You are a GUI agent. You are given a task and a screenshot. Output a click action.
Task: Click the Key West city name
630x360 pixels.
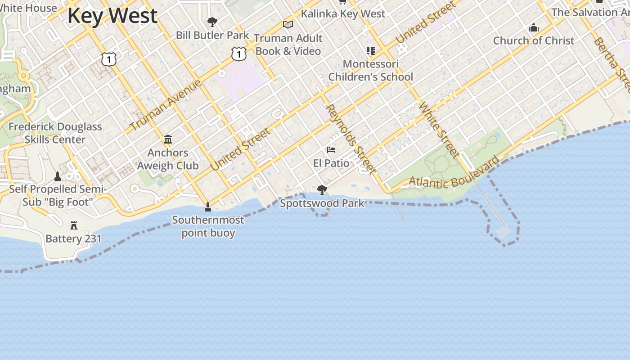click(112, 16)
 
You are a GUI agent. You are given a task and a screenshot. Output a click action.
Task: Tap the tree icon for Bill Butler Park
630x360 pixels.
click(212, 22)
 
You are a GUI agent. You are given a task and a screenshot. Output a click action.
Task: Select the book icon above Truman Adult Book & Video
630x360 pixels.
click(288, 24)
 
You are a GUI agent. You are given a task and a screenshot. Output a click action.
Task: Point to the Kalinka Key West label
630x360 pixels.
click(343, 13)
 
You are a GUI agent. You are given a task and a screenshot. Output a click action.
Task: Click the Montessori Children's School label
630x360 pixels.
click(370, 70)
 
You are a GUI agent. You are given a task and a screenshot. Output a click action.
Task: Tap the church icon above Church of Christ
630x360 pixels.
click(534, 28)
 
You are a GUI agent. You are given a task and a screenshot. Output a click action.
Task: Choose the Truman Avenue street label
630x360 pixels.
click(166, 105)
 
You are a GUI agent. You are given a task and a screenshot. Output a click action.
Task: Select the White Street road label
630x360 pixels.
click(439, 130)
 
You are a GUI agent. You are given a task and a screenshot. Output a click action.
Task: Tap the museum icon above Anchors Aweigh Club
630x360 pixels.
click(168, 139)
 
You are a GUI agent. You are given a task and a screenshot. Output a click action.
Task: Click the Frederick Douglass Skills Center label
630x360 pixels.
click(55, 133)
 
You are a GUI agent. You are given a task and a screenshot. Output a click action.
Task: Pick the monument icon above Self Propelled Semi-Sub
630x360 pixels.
click(58, 176)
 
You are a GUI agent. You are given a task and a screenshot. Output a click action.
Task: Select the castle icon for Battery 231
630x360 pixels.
click(74, 225)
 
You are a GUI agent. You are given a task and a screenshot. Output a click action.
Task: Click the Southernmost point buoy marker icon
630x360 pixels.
click(208, 207)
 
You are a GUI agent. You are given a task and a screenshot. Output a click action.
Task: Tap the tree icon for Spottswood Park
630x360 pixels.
click(322, 190)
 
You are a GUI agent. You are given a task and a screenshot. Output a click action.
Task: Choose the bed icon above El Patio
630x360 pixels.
click(331, 150)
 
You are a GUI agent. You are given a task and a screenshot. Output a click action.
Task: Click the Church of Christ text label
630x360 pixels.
click(534, 40)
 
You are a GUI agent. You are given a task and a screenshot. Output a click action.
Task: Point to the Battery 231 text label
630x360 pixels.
click(74, 238)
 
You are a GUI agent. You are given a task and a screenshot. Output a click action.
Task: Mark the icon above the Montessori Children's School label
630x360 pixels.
click(370, 51)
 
